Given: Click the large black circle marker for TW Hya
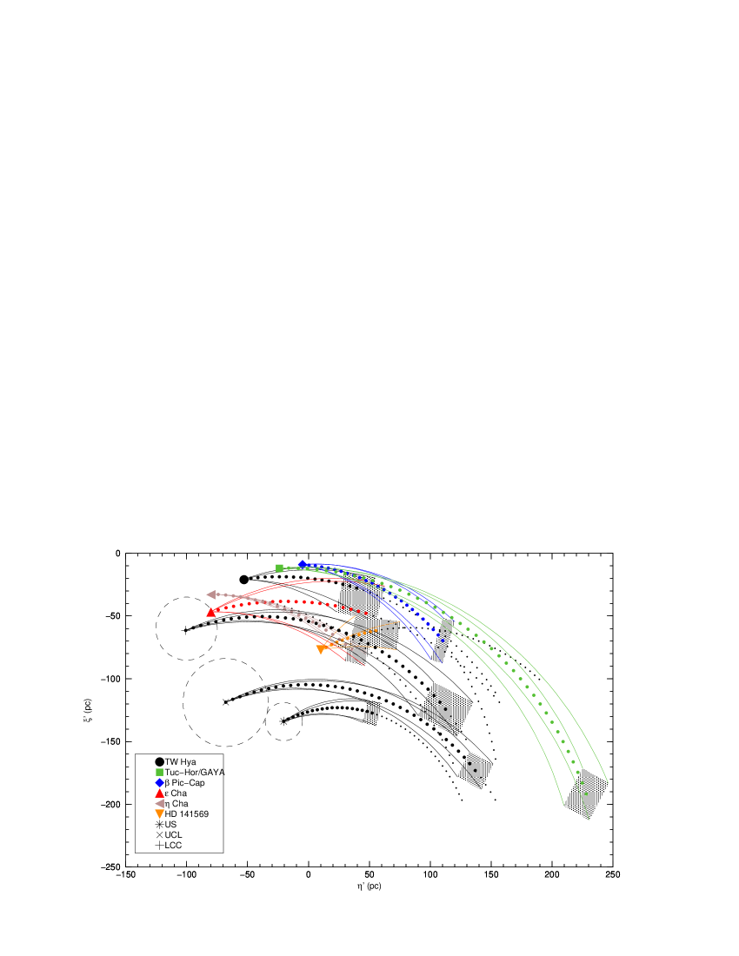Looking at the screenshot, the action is tap(244, 579).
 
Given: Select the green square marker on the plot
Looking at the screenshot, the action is tap(279, 568).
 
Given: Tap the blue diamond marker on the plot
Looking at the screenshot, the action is tap(303, 565).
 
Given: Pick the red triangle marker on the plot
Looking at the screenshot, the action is tap(211, 612).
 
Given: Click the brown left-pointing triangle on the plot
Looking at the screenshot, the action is tap(211, 594).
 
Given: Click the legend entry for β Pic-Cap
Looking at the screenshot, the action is tap(180, 782).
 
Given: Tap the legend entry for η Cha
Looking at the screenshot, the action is tap(171, 804).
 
